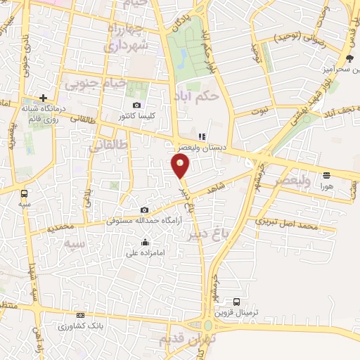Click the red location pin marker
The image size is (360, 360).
pyautogui.click(x=181, y=167)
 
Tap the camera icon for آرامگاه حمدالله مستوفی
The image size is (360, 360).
pyautogui.click(x=144, y=210)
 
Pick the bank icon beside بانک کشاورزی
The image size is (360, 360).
pyautogui.click(x=80, y=316)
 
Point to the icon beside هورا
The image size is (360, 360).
pyautogui.click(x=326, y=175)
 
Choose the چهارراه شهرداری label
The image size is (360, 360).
pyautogui.click(x=128, y=37)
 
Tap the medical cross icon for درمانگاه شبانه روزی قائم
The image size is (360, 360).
pyautogui.click(x=43, y=98)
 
